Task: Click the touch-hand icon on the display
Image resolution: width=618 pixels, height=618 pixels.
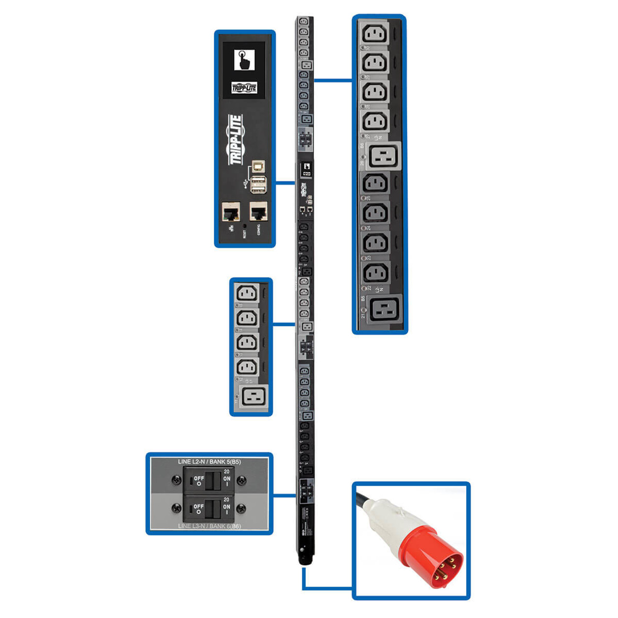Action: tap(244, 60)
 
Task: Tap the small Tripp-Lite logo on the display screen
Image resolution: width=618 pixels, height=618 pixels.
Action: tap(244, 87)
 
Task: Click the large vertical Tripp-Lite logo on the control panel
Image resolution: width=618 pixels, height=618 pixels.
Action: tap(236, 140)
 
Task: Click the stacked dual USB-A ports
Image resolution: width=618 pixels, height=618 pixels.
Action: tap(258, 184)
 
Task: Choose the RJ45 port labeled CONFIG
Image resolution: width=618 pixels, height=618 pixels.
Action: tap(258, 211)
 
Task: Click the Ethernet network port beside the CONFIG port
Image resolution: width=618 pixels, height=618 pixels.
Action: tap(231, 212)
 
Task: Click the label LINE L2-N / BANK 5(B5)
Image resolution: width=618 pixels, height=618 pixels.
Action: tap(209, 462)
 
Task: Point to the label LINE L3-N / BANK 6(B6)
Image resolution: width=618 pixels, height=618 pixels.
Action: tap(209, 526)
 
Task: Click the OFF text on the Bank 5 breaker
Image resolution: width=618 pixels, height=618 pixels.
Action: tap(199, 478)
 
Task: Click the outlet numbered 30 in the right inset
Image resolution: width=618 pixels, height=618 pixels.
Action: tap(375, 35)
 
